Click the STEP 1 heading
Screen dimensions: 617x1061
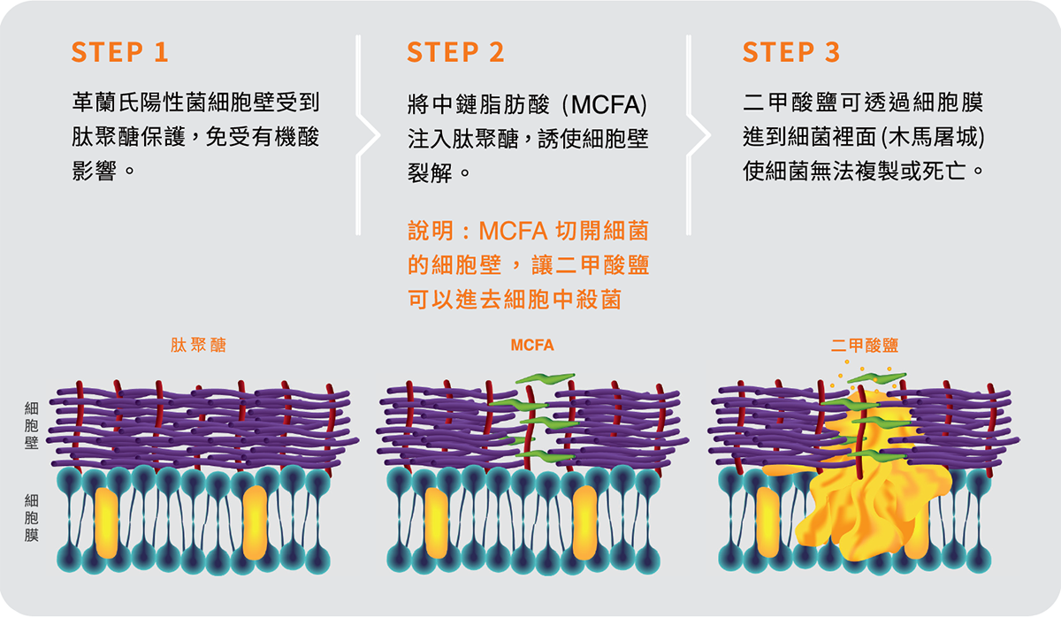point(119,52)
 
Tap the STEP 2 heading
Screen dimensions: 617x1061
point(455,52)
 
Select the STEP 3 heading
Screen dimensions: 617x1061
point(791,52)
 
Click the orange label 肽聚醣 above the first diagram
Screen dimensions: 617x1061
point(198,345)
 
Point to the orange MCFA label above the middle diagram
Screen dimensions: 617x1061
point(532,345)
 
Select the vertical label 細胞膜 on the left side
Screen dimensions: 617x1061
point(32,518)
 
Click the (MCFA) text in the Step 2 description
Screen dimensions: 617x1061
point(608,104)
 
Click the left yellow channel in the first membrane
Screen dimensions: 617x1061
point(106,522)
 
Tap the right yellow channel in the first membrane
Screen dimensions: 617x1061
point(255,522)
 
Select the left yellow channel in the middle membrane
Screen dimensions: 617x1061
point(436,522)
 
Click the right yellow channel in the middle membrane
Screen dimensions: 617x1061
point(584,522)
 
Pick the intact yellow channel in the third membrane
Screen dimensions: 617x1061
point(768,522)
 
